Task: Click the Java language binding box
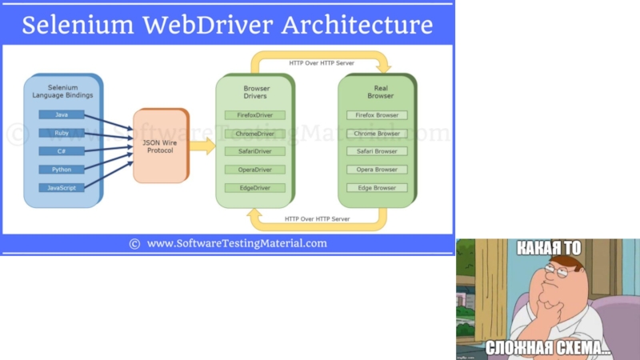point(62,114)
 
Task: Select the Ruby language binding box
point(62,133)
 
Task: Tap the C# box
point(62,151)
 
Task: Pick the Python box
point(62,170)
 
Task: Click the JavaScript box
point(62,188)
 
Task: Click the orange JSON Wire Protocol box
point(160,146)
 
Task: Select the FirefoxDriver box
point(255,115)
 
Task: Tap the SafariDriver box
point(255,151)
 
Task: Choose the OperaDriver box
point(255,170)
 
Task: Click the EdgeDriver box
point(255,188)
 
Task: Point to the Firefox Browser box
point(377,115)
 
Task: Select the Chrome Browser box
point(377,134)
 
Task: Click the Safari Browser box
point(377,151)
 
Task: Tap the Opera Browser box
point(377,170)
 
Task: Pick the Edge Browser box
point(377,188)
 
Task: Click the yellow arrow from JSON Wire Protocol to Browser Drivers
point(202,146)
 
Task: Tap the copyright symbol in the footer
point(134,244)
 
